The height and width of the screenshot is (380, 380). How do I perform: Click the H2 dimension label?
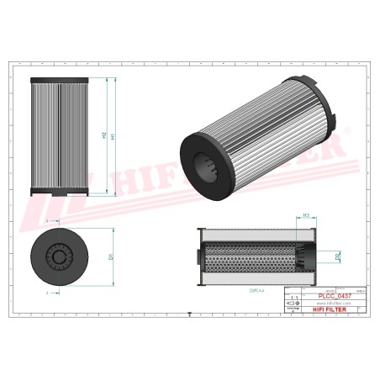(x=103, y=135)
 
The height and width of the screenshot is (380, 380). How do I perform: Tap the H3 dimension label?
(x=307, y=216)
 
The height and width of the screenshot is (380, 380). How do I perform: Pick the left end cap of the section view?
(x=196, y=255)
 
